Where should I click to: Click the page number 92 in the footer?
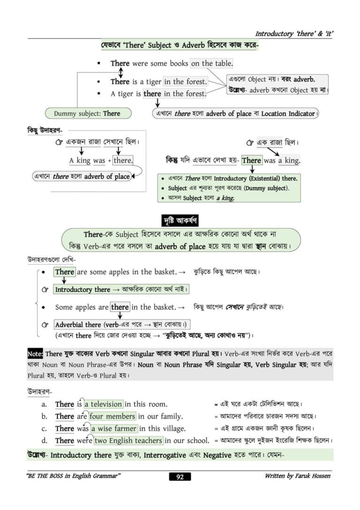180,477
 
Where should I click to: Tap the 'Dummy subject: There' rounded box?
87,113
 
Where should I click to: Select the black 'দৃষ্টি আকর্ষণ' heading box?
180,219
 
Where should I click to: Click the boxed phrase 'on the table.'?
212,63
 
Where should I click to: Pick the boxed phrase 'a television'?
104,404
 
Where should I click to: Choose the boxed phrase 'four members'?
112,416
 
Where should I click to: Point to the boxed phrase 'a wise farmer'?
114,428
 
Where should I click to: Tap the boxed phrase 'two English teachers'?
128,441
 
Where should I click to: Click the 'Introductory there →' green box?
121,289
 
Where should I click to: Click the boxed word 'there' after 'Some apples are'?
120,307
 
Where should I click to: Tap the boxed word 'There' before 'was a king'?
252,160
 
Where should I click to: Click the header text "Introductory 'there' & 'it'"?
294,34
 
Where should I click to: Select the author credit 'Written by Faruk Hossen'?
297,476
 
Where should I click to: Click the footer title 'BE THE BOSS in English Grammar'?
74,476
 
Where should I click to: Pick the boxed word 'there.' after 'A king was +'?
123,160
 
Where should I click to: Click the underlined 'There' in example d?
65,441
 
